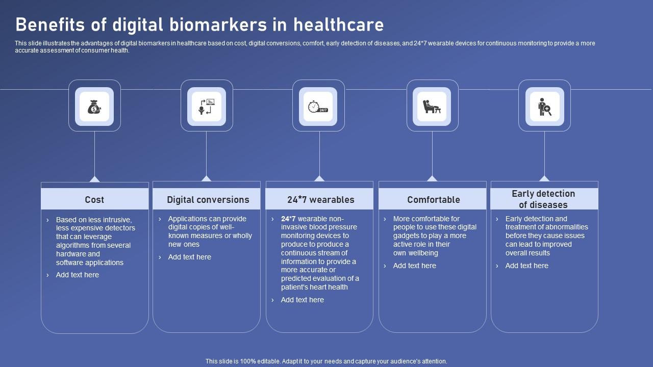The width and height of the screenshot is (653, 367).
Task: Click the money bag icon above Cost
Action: click(94, 107)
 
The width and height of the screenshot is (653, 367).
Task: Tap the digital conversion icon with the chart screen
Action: click(207, 107)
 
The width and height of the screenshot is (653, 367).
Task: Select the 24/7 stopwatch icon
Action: click(318, 107)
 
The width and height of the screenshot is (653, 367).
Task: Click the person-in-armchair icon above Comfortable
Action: click(432, 107)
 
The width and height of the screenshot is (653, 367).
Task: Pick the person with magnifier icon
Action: click(544, 107)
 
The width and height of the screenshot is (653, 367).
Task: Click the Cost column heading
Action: click(94, 200)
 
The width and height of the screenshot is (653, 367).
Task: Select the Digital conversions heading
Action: click(208, 200)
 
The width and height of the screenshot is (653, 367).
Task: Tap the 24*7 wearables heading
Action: click(320, 200)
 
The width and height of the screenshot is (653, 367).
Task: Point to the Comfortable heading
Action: click(433, 200)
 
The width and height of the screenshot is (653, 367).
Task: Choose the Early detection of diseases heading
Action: click(543, 199)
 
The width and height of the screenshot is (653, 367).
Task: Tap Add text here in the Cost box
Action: click(78, 275)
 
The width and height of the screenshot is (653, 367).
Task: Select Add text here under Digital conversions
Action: click(190, 257)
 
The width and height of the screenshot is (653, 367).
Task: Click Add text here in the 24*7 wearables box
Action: click(303, 300)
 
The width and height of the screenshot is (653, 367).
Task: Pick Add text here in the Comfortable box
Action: click(415, 266)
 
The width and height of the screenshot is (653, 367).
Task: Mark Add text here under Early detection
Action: click(527, 266)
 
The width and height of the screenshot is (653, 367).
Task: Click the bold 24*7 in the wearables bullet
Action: click(288, 219)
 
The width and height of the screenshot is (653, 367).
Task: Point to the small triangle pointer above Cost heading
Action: click(94, 179)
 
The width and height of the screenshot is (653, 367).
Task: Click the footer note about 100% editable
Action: click(326, 361)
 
